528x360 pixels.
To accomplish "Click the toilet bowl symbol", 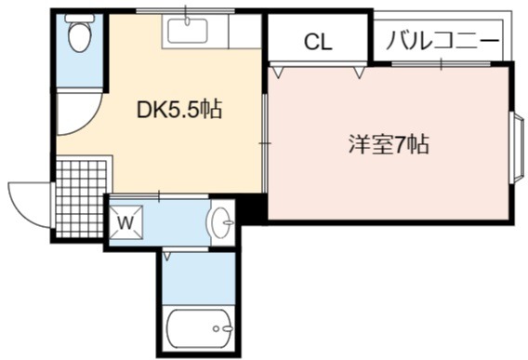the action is tap(80, 37).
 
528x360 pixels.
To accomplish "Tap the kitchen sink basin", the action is tap(188, 31).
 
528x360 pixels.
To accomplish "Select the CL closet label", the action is tap(318, 42).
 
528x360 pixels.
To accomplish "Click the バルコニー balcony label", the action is tap(442, 40).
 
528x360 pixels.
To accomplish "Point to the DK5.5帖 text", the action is tap(179, 109).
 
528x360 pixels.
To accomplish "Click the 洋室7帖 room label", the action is tap(389, 144).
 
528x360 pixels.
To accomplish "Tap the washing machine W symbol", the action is tap(126, 222).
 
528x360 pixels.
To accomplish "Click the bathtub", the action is tap(199, 328).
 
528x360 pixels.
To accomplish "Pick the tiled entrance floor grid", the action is tap(81, 199).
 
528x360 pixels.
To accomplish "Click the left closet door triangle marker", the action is tap(277, 73).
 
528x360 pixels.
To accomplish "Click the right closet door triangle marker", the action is tap(359, 73).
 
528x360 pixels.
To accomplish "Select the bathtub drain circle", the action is tap(216, 328).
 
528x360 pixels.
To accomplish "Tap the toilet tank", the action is tap(80, 19).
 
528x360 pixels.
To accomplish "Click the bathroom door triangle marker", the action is tap(167, 256).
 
